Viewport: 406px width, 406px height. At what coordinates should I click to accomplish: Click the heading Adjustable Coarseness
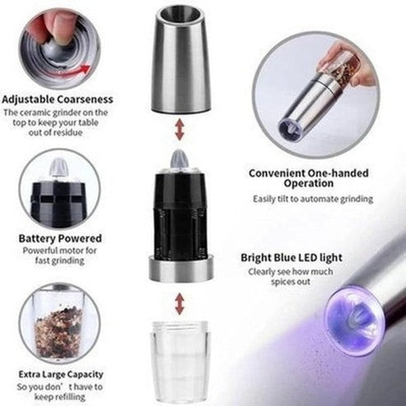pos(57,99)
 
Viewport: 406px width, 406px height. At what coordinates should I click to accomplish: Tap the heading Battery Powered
pos(61,238)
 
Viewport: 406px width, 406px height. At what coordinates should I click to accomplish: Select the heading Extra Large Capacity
pos(61,374)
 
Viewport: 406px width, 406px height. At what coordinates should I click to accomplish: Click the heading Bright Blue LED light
pos(292,258)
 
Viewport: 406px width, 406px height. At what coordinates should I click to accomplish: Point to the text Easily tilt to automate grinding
pos(313,199)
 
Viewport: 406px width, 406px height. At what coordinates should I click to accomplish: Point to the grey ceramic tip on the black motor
pos(180,160)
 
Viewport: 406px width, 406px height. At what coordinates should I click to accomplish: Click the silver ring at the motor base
pos(180,269)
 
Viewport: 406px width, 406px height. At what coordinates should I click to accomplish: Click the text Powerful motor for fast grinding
pos(61,255)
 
